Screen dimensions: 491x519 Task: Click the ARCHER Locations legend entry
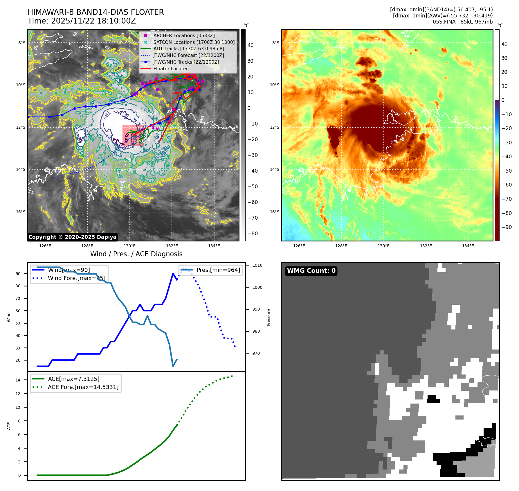coord(184,35)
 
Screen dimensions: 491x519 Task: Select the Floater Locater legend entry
coord(170,69)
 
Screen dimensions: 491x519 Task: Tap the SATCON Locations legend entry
coord(194,42)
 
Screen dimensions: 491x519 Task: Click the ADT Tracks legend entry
coord(189,49)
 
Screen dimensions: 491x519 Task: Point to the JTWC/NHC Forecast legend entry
coord(189,55)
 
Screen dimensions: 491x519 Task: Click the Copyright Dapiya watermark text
coord(72,237)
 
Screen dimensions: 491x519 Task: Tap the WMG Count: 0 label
coord(311,271)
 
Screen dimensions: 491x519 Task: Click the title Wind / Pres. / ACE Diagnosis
coord(136,254)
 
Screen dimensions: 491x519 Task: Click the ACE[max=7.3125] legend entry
coord(74,379)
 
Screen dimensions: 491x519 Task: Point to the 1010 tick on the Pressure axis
coord(257,265)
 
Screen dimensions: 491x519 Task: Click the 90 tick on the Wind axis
coord(18,274)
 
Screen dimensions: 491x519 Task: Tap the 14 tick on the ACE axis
coord(18,380)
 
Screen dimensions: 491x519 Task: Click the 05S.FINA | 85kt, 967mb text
coord(463,22)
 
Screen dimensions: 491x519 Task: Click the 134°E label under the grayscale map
coord(214,246)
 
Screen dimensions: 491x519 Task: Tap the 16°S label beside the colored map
coord(275,212)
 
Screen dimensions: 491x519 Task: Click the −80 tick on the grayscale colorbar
coord(253,234)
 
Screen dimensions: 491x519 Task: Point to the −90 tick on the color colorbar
coord(507,227)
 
